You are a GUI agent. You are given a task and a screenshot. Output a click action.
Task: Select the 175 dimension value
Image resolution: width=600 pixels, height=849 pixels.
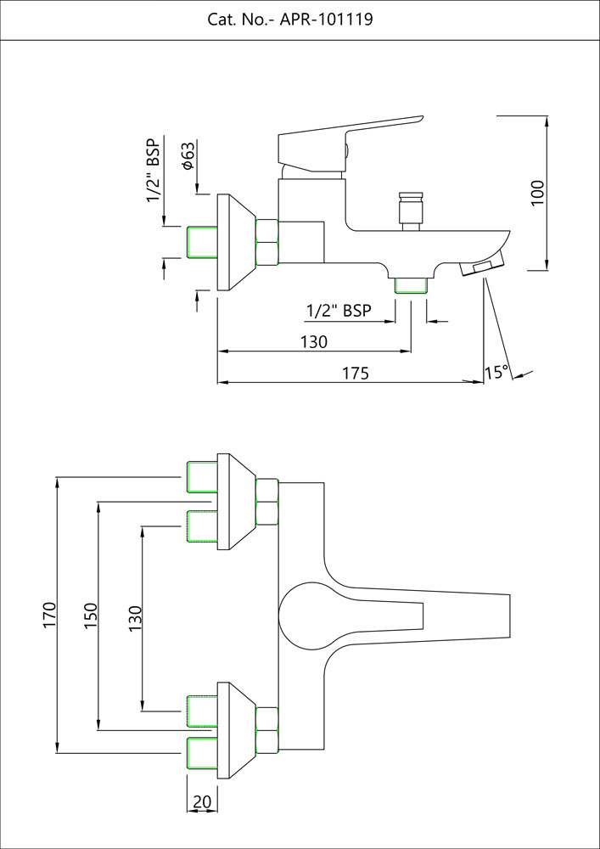point(356,373)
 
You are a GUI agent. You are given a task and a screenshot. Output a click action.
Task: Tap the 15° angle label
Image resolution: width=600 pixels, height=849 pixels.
point(496,372)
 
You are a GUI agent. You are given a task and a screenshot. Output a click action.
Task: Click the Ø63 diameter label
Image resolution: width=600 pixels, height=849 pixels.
point(189,155)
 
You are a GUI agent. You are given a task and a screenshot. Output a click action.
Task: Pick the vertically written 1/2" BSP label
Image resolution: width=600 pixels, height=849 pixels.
point(154,170)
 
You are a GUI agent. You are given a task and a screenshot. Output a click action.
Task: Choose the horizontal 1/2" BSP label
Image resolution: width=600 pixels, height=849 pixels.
point(339,312)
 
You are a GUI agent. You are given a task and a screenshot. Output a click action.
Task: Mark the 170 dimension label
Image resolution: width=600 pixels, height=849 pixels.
point(49,615)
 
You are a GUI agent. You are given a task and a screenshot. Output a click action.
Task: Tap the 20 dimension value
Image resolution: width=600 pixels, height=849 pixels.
point(202,801)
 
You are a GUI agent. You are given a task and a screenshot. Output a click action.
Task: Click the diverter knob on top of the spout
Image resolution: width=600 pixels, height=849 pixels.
point(411,211)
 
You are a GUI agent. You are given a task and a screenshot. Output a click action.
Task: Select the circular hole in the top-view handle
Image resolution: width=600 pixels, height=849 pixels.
point(307,615)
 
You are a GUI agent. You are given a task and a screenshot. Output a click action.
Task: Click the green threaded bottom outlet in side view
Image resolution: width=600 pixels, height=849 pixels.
point(412,284)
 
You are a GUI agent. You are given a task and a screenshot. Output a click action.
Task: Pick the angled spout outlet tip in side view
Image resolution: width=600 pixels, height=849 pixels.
point(479,269)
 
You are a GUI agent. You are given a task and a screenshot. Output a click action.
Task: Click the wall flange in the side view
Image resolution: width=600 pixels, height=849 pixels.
point(235,242)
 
